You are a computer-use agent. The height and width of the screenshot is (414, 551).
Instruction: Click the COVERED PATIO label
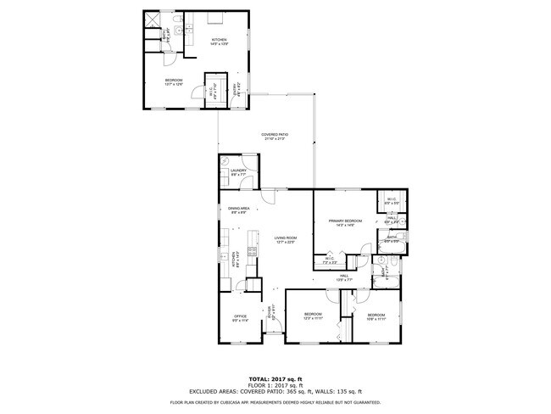pos(273,137)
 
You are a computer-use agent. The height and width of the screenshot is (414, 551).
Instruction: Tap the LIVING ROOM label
pos(285,240)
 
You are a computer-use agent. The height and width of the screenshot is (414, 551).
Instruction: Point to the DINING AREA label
pos(238,210)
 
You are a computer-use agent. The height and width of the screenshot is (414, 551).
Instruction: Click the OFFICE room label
pos(240,318)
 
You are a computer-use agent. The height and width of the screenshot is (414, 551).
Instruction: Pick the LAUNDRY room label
pos(238,172)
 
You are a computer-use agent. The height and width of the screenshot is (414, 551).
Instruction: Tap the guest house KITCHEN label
pos(219,42)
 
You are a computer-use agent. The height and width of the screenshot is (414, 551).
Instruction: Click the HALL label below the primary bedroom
pos(345,277)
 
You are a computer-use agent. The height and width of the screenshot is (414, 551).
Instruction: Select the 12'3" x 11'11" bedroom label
pos(313,317)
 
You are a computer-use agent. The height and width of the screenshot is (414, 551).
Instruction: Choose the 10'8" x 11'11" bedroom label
pos(376,317)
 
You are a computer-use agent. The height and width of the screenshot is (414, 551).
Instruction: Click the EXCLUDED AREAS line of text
pos(276,391)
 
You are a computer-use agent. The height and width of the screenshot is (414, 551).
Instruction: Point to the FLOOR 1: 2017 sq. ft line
pos(276,384)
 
